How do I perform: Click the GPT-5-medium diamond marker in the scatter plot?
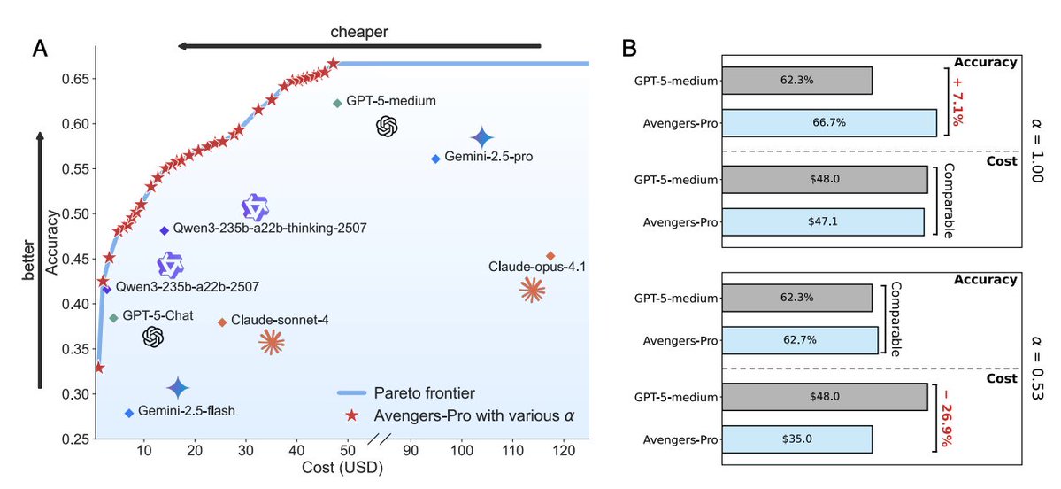337,103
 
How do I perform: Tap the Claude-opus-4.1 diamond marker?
550,256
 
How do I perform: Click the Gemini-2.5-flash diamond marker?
129,413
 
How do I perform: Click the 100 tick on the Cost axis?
461,452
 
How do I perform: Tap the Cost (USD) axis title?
341,469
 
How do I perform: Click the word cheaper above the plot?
359,32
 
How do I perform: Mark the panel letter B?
628,49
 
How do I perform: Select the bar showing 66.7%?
829,123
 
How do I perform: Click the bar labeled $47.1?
823,221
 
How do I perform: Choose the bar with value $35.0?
797,439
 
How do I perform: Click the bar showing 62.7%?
800,340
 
